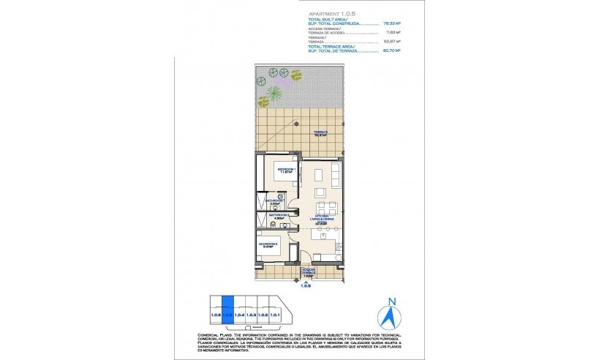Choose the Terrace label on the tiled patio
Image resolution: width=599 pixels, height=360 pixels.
click(x=320, y=134)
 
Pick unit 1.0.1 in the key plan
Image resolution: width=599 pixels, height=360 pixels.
click(x=275, y=314)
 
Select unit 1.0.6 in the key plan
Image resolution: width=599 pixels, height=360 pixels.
click(x=215, y=314)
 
